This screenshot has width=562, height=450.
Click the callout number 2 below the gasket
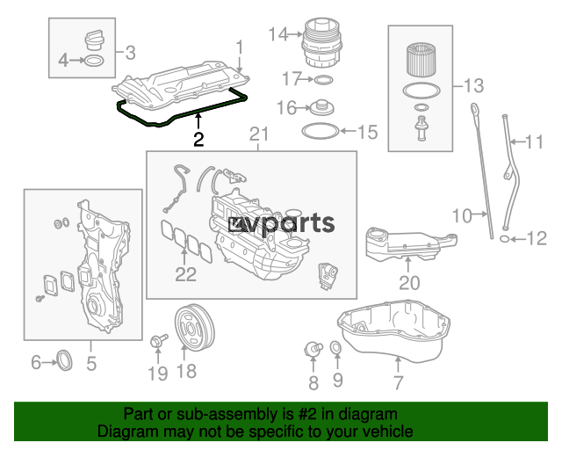198,139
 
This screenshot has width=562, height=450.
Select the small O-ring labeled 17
322,81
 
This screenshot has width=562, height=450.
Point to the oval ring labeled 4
95,61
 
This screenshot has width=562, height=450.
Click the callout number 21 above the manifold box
257,134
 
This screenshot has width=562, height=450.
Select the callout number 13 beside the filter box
472,86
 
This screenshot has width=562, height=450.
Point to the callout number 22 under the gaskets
185,274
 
